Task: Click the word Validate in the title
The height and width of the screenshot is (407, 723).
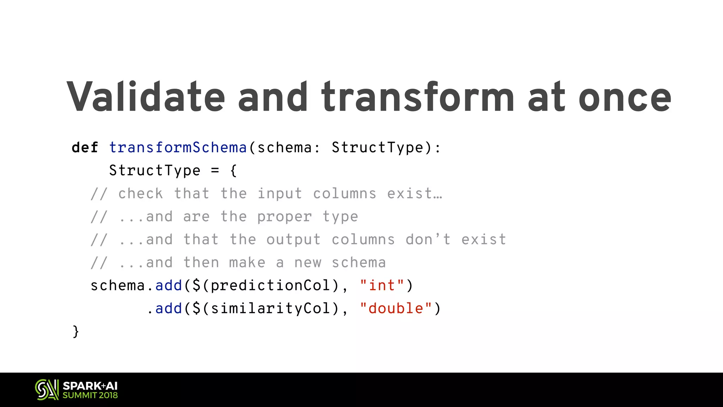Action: tap(145, 97)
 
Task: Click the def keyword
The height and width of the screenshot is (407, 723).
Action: tap(85, 148)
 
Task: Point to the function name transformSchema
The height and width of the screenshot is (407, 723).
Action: tap(178, 148)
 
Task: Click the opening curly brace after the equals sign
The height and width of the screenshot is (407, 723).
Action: tap(233, 171)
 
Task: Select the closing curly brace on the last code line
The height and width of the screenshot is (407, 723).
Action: tap(76, 331)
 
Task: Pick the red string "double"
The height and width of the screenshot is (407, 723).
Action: tap(395, 308)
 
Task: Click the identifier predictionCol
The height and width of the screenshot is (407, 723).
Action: tap(270, 285)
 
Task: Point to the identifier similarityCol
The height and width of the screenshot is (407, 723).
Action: tap(270, 308)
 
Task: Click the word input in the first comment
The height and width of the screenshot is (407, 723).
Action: tap(280, 194)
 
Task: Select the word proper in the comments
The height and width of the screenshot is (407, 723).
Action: tap(285, 217)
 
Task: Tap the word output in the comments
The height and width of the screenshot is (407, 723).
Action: tap(293, 240)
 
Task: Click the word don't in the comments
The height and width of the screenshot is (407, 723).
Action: tap(428, 240)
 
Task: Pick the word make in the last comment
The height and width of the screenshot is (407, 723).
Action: tap(247, 263)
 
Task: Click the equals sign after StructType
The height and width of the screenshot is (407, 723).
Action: tap(215, 171)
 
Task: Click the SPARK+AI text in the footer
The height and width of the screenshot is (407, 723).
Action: tap(90, 386)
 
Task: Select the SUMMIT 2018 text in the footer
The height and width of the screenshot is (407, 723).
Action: tap(90, 395)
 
